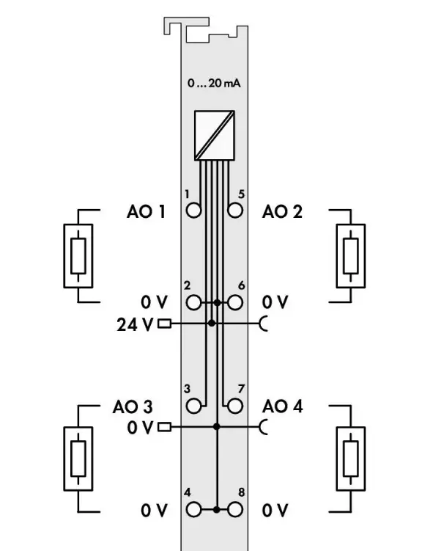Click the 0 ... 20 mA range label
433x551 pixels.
[214, 84]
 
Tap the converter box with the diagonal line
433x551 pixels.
[215, 136]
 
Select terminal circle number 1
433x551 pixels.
[193, 211]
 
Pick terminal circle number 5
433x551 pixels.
[235, 211]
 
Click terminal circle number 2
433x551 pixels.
[193, 302]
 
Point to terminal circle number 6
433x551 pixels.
[235, 302]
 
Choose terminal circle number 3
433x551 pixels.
[193, 406]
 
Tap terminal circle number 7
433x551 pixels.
[235, 406]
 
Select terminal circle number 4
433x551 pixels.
[193, 509]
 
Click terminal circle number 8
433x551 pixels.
[235, 509]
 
